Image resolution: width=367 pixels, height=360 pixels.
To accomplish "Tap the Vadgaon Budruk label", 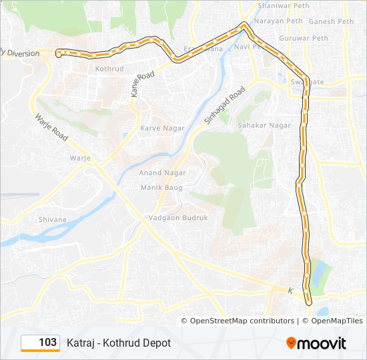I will (178, 218).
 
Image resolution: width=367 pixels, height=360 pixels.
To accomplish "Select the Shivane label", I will (53, 219).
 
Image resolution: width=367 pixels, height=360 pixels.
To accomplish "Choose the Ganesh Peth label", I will (331, 21).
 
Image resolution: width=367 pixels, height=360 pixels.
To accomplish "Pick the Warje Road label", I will (51, 128).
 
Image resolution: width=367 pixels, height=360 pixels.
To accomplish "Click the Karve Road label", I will (143, 84).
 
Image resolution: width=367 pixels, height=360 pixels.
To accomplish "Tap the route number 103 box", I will (41, 343).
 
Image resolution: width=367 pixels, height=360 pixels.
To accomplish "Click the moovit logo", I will (316, 343).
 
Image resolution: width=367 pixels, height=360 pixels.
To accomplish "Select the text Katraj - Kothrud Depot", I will (119, 343).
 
